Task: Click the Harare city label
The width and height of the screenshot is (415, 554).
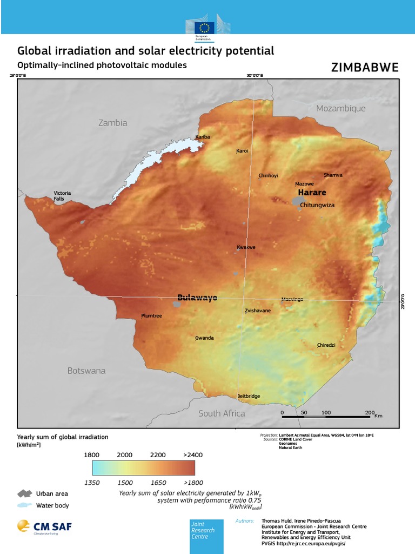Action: point(312,193)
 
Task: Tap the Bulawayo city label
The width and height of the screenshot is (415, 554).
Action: point(197,298)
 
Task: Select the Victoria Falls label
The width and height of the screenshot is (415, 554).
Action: point(62,196)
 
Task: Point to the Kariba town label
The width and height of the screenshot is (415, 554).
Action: point(203,137)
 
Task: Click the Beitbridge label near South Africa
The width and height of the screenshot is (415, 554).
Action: point(248,396)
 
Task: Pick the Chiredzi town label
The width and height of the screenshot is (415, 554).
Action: point(326,345)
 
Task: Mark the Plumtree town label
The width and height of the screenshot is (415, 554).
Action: point(151,316)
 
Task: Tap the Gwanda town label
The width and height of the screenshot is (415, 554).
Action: point(204,338)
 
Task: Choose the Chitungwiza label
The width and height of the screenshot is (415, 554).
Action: point(317,205)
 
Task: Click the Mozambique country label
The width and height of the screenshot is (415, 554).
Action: point(340,108)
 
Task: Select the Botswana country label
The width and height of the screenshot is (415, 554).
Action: point(86,371)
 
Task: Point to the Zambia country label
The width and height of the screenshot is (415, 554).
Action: point(113,123)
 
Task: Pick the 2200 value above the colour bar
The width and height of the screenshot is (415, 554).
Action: point(158,455)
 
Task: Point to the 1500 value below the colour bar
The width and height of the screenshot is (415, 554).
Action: point(125,482)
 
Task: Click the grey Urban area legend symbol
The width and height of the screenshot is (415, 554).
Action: point(25,493)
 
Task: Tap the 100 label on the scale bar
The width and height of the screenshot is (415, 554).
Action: point(326,413)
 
